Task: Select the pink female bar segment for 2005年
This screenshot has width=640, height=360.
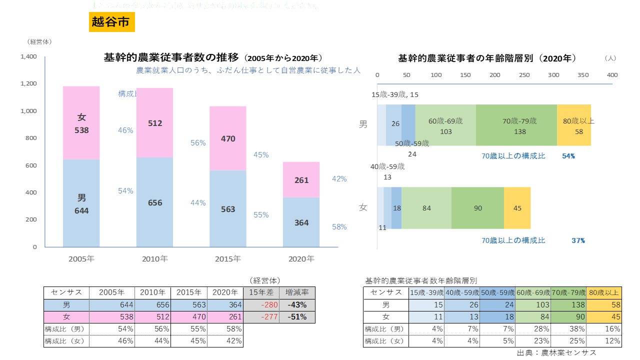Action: point(81,123)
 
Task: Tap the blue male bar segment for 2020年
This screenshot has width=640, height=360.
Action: point(301,222)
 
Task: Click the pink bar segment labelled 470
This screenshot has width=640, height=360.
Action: point(228,138)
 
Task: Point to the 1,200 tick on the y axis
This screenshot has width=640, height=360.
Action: point(28,83)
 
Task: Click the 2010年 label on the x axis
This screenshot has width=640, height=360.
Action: point(154,259)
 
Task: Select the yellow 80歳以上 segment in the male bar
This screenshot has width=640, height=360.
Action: point(574,125)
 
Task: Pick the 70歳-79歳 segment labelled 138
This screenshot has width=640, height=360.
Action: point(516,125)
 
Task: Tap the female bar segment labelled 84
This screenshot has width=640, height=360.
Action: point(426,208)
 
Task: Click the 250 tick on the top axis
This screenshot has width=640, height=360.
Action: point(524,75)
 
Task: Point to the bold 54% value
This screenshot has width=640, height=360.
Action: point(568,156)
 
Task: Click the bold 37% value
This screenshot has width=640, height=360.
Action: point(578,240)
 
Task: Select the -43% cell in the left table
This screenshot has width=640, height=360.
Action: point(297,304)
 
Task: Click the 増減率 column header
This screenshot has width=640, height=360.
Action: point(297,292)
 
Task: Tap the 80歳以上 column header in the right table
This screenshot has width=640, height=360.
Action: point(604,292)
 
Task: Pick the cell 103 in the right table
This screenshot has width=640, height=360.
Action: point(533,304)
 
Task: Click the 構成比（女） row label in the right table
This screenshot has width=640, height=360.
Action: point(385,341)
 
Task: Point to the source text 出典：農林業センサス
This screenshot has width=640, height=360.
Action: point(556,352)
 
